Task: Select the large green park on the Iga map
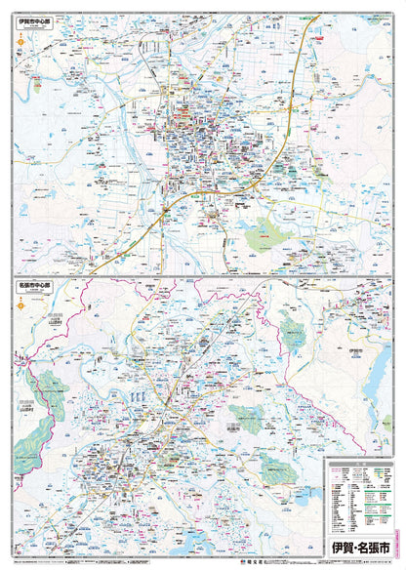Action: (264, 235)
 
